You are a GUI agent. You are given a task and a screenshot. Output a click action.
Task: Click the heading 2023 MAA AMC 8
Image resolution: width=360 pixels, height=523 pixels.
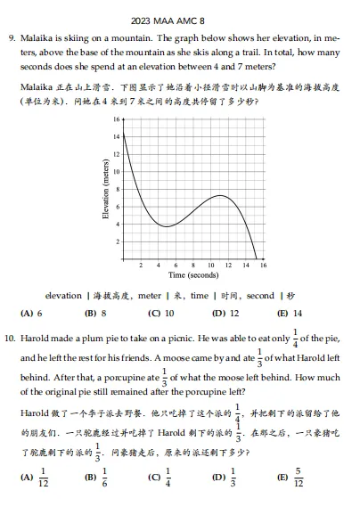point(179,20)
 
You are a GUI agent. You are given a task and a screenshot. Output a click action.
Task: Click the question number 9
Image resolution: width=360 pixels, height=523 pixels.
point(12,39)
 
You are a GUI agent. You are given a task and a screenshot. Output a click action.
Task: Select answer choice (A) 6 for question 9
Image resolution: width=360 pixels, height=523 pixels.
point(31,313)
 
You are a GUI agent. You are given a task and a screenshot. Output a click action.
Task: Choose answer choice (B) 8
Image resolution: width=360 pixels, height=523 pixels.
point(95,313)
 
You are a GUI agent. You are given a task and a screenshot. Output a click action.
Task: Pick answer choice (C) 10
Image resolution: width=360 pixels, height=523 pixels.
point(160,313)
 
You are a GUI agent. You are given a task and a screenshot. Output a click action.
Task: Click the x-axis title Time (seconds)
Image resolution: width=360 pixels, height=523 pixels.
point(193,275)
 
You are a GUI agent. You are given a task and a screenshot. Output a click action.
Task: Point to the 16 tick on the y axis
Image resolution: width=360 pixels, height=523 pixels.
point(116,119)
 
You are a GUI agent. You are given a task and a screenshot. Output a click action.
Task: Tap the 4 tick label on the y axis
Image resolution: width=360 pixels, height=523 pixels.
point(117,224)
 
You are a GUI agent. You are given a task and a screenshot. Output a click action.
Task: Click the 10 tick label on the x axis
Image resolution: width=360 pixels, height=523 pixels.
point(210,266)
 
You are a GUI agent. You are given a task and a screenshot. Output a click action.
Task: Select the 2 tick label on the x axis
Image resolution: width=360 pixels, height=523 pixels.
point(141,266)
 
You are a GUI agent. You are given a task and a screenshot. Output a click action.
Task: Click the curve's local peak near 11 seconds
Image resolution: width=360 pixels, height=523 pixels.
point(221,195)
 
